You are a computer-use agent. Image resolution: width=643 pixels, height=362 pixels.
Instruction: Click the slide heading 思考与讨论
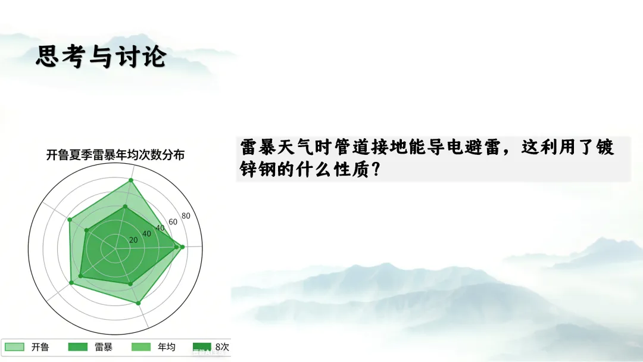pyautogui.click(x=101, y=56)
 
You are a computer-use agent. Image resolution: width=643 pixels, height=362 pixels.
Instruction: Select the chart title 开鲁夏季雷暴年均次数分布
pyautogui.click(x=116, y=155)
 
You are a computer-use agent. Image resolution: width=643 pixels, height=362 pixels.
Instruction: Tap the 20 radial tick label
pyautogui.click(x=133, y=240)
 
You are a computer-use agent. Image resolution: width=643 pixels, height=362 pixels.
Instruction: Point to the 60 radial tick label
pyautogui.click(x=173, y=222)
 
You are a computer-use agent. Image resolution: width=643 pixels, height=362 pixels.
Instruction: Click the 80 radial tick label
pyautogui.click(x=186, y=216)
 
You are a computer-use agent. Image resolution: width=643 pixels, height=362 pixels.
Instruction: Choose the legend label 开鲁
pyautogui.click(x=40, y=347)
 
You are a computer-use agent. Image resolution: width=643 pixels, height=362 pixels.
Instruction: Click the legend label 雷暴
pyautogui.click(x=104, y=347)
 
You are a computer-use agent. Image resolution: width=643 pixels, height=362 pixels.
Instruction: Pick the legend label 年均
pyautogui.click(x=167, y=347)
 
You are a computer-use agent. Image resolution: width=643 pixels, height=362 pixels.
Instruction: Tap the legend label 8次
pyautogui.click(x=222, y=347)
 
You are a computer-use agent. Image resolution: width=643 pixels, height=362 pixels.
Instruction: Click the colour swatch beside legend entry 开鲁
pyautogui.click(x=14, y=347)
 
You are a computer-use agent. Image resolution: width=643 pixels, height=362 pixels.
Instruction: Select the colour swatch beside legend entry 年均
pyautogui.click(x=141, y=347)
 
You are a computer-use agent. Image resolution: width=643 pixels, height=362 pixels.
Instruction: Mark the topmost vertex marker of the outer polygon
pyautogui.click(x=131, y=180)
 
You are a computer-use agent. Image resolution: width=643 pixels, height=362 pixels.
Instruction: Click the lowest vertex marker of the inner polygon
pyautogui.click(x=130, y=283)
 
